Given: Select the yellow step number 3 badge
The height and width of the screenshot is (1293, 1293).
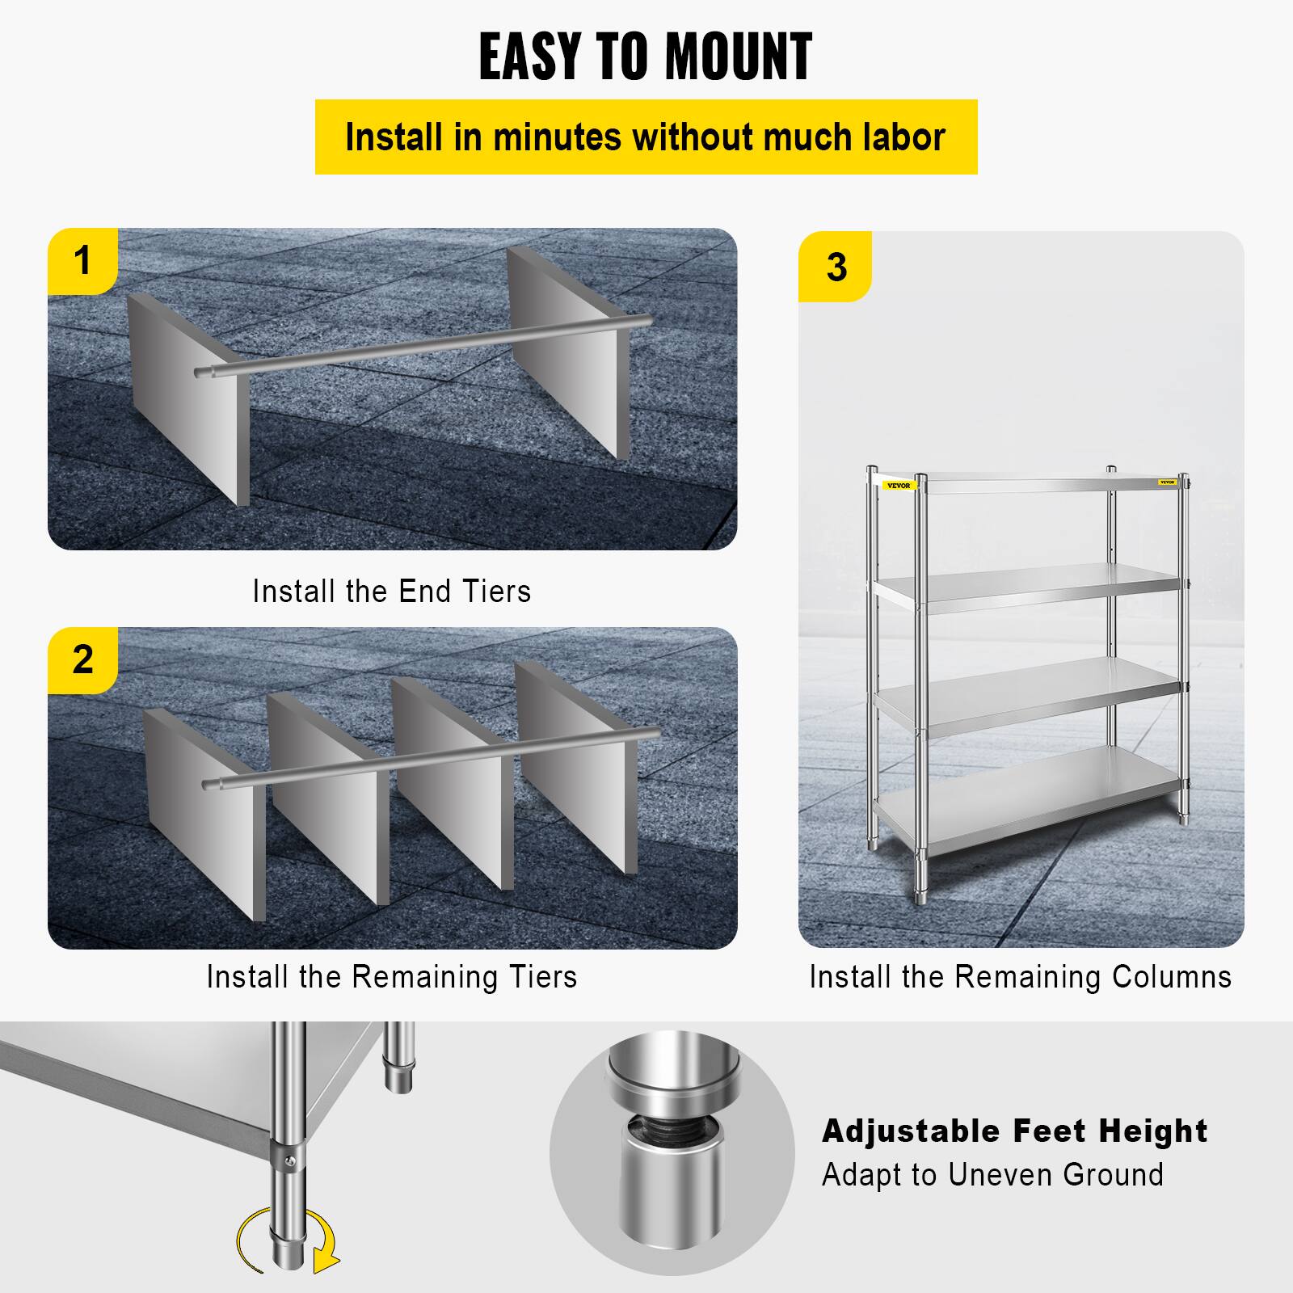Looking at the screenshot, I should click(x=836, y=267).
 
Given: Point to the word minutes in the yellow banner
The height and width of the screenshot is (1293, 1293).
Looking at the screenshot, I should click(x=557, y=137).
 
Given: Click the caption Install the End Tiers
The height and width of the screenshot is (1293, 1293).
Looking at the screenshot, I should click(x=391, y=592).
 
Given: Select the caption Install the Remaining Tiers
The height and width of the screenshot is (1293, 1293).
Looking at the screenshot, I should click(x=391, y=977).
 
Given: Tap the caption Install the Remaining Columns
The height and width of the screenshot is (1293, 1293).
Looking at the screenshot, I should click(x=1020, y=977).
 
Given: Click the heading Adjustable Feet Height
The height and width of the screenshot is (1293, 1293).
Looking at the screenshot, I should click(x=1014, y=1131).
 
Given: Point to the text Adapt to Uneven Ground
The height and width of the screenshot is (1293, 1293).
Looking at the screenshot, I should click(x=992, y=1174).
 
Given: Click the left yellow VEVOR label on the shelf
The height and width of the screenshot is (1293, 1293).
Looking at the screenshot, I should click(x=898, y=486).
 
